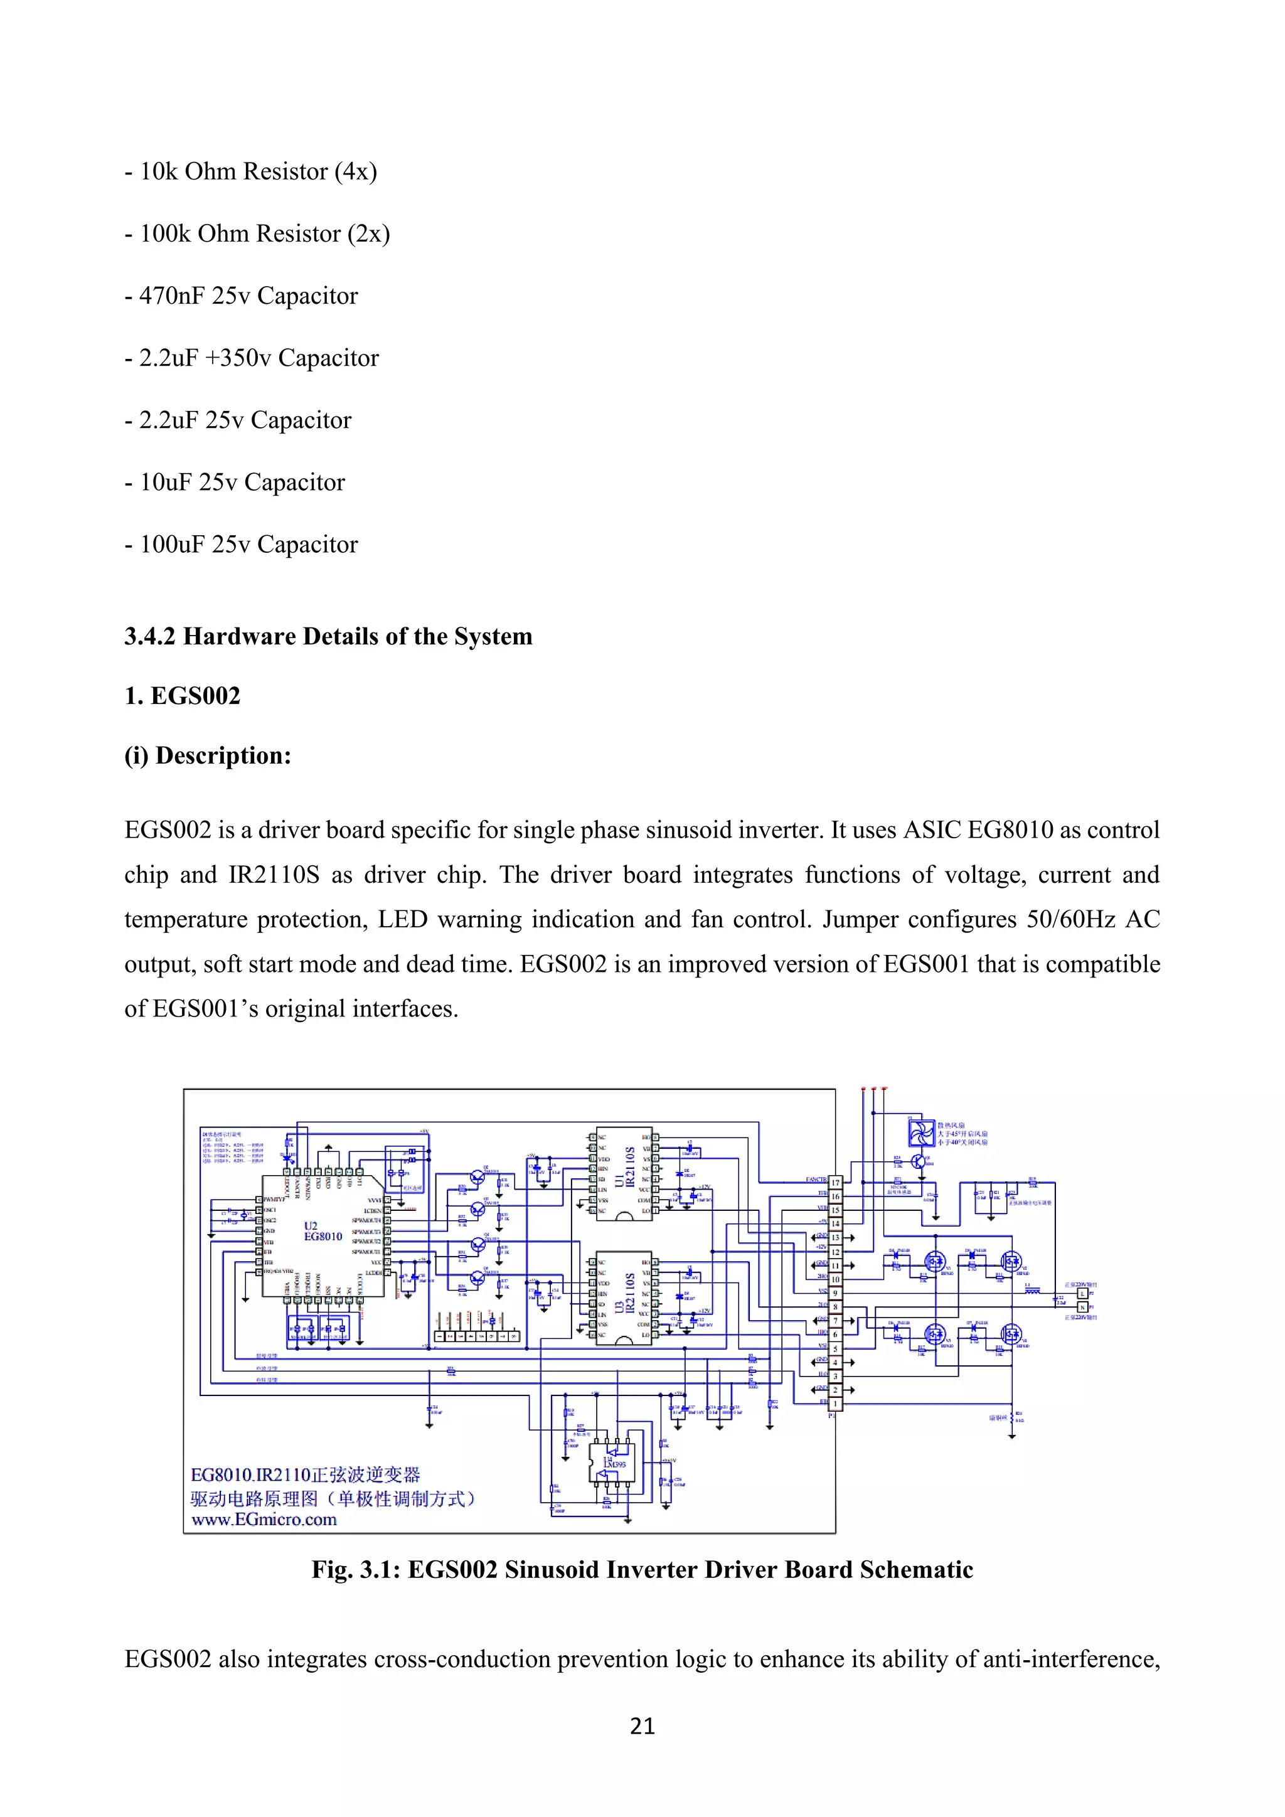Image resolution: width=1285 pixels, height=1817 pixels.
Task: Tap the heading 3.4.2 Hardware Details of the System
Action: (x=328, y=637)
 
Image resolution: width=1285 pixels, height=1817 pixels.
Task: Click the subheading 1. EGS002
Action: (x=182, y=696)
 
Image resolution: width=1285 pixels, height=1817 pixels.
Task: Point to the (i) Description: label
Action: (x=207, y=756)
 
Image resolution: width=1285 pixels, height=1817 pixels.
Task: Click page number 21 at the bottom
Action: (x=642, y=1726)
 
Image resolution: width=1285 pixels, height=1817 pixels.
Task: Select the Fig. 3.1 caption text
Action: (x=642, y=1570)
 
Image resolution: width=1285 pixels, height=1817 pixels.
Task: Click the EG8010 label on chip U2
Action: (x=323, y=1237)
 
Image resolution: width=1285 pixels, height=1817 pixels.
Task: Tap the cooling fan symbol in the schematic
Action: (x=921, y=1133)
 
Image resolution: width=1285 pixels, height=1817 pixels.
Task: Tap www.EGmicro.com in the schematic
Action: (x=264, y=1520)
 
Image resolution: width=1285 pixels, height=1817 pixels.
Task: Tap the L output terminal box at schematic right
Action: (x=1083, y=1294)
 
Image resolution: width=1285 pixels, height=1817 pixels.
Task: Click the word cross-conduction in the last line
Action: (x=454, y=1660)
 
